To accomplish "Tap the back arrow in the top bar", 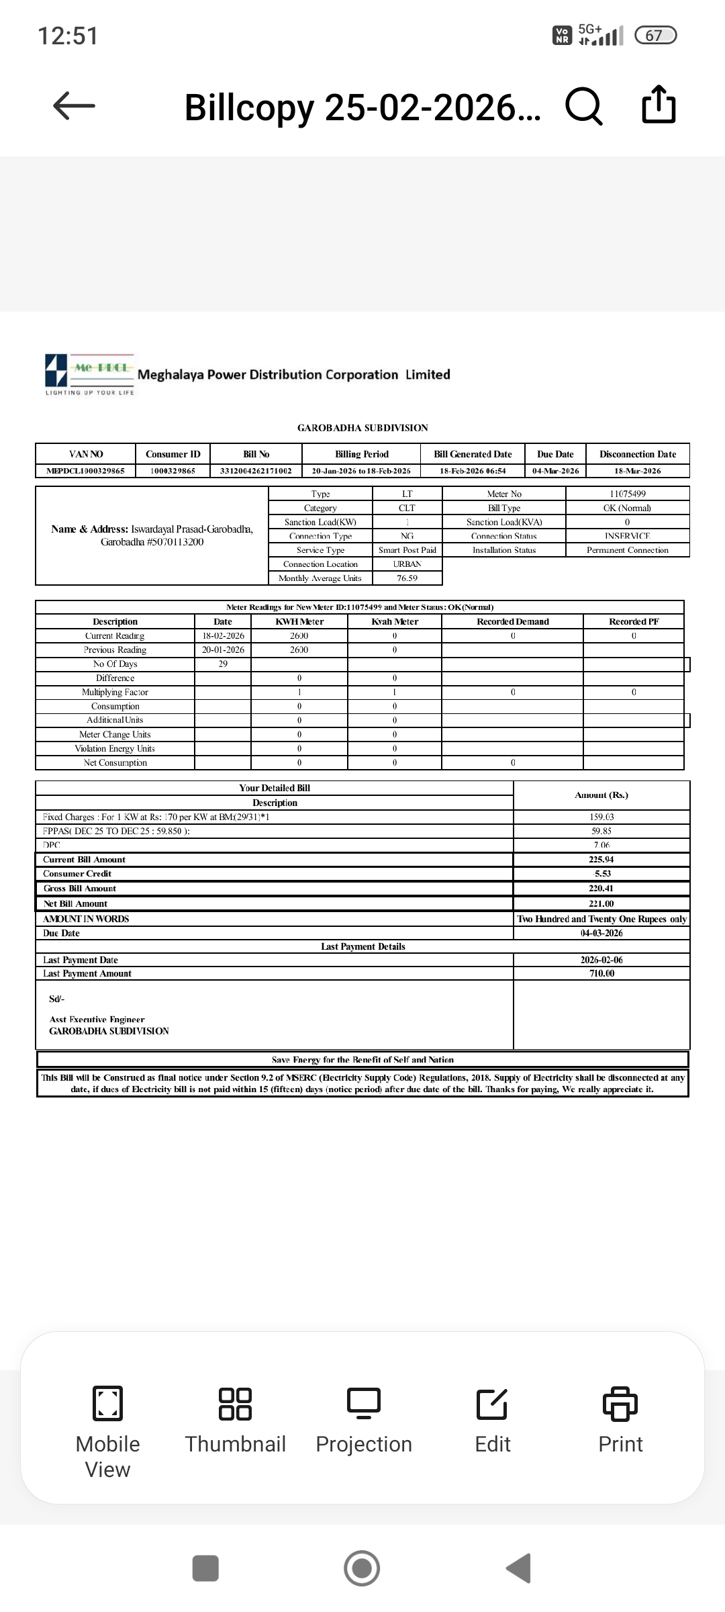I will [74, 105].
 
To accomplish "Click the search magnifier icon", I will [584, 106].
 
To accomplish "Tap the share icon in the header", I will [659, 105].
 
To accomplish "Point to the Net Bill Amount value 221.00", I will [601, 904].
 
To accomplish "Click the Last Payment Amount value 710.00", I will [601, 973].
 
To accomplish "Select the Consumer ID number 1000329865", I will [173, 471].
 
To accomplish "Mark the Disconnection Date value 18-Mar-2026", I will [638, 471].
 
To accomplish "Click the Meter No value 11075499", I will [628, 494].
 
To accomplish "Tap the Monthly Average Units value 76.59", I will [407, 578].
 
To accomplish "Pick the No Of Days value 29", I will [223, 664].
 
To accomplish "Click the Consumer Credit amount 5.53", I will [601, 874].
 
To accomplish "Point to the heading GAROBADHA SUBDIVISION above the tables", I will [362, 428].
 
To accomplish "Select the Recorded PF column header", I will [634, 622].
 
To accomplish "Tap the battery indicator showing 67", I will [657, 35].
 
